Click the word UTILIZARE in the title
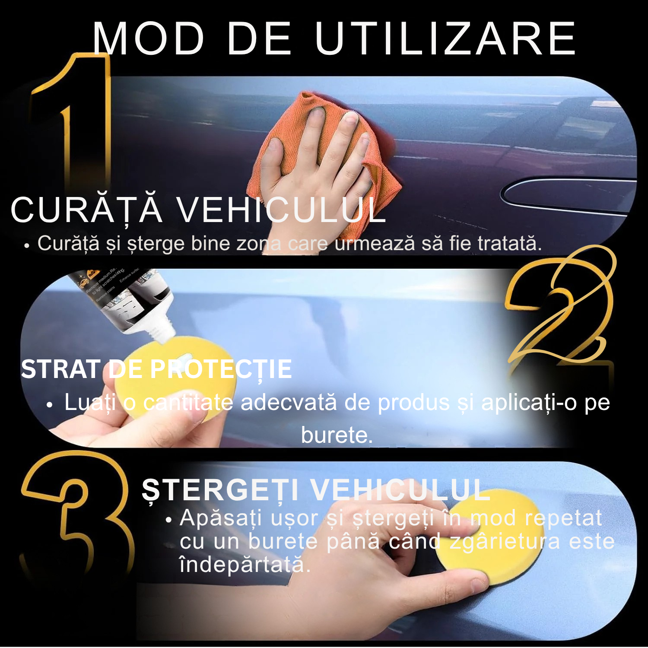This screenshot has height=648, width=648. (x=445, y=39)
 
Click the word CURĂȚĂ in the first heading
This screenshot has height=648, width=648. (x=86, y=210)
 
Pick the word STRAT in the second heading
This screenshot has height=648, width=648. (x=60, y=369)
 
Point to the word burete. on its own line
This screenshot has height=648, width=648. (x=337, y=435)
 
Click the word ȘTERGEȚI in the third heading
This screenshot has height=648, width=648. (x=220, y=490)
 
